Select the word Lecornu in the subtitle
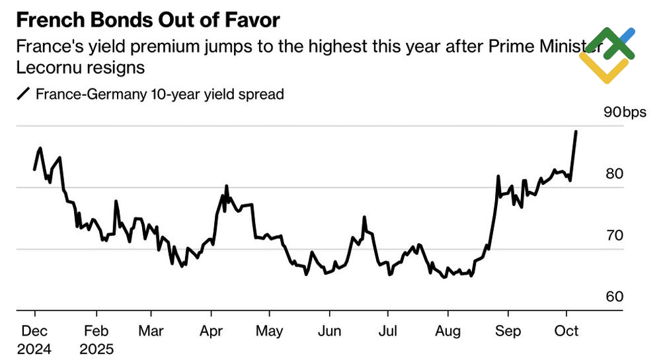click(x=44, y=67)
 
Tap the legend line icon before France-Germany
click(x=24, y=94)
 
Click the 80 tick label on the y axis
click(x=613, y=174)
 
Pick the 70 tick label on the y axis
click(x=613, y=235)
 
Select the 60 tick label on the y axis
click(x=613, y=297)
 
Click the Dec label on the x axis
click(x=34, y=330)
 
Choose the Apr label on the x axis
click(x=212, y=330)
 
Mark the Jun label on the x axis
click(x=330, y=330)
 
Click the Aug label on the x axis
click(x=448, y=330)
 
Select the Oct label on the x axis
click(x=566, y=330)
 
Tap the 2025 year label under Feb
click(x=98, y=348)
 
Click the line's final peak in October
click(x=576, y=131)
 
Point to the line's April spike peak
click(x=227, y=186)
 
